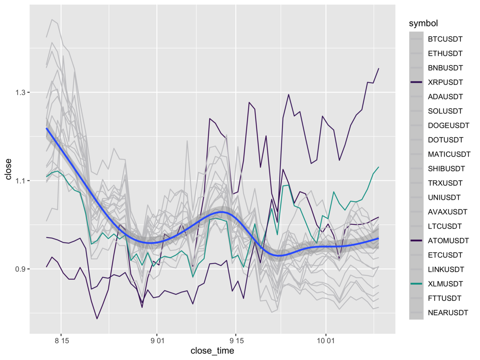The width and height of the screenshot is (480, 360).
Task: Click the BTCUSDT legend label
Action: pyautogui.click(x=445, y=39)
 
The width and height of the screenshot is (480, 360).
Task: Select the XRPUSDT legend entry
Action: pyautogui.click(x=445, y=82)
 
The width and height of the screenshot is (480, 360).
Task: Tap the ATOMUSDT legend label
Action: pyautogui.click(x=448, y=241)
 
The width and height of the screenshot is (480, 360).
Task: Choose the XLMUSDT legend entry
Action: pyautogui.click(x=445, y=284)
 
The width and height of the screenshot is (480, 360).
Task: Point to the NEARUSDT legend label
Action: pyautogui.click(x=448, y=313)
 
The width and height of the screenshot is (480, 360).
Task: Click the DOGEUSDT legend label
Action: pyautogui.click(x=448, y=126)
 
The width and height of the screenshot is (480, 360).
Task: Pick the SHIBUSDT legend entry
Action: pyautogui.click(x=446, y=169)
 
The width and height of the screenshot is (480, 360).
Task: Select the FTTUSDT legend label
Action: pyautogui.click(x=445, y=298)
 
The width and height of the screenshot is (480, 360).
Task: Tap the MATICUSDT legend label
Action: pyautogui.click(x=449, y=154)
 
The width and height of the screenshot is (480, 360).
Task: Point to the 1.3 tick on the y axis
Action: pyautogui.click(x=20, y=92)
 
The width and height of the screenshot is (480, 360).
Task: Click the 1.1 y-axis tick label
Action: pyautogui.click(x=20, y=181)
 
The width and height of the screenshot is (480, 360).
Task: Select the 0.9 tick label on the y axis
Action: pyautogui.click(x=20, y=269)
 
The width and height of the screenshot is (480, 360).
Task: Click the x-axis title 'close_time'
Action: pyautogui.click(x=212, y=351)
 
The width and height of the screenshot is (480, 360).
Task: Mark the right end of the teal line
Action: pyautogui.click(x=378, y=167)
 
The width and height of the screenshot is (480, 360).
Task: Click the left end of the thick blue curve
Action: pyautogui.click(x=47, y=128)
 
